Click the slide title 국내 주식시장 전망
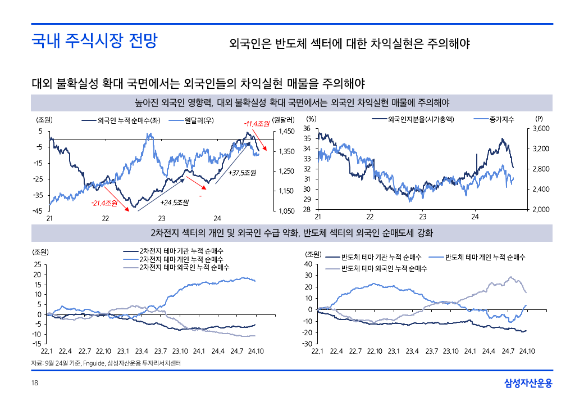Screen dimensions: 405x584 click(94, 41)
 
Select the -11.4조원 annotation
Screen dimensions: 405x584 click(257, 124)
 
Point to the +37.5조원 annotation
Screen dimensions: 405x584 click(242, 172)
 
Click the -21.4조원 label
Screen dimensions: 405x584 click(104, 202)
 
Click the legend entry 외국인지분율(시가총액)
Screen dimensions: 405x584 click(421, 119)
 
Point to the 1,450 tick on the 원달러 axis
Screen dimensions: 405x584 click(286, 131)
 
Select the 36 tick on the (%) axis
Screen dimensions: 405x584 click(307, 129)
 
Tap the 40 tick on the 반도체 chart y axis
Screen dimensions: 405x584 click(308, 264)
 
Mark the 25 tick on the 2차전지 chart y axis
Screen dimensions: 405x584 click(37, 264)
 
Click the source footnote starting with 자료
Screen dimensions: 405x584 click(107, 364)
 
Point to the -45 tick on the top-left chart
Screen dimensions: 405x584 click(38, 211)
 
